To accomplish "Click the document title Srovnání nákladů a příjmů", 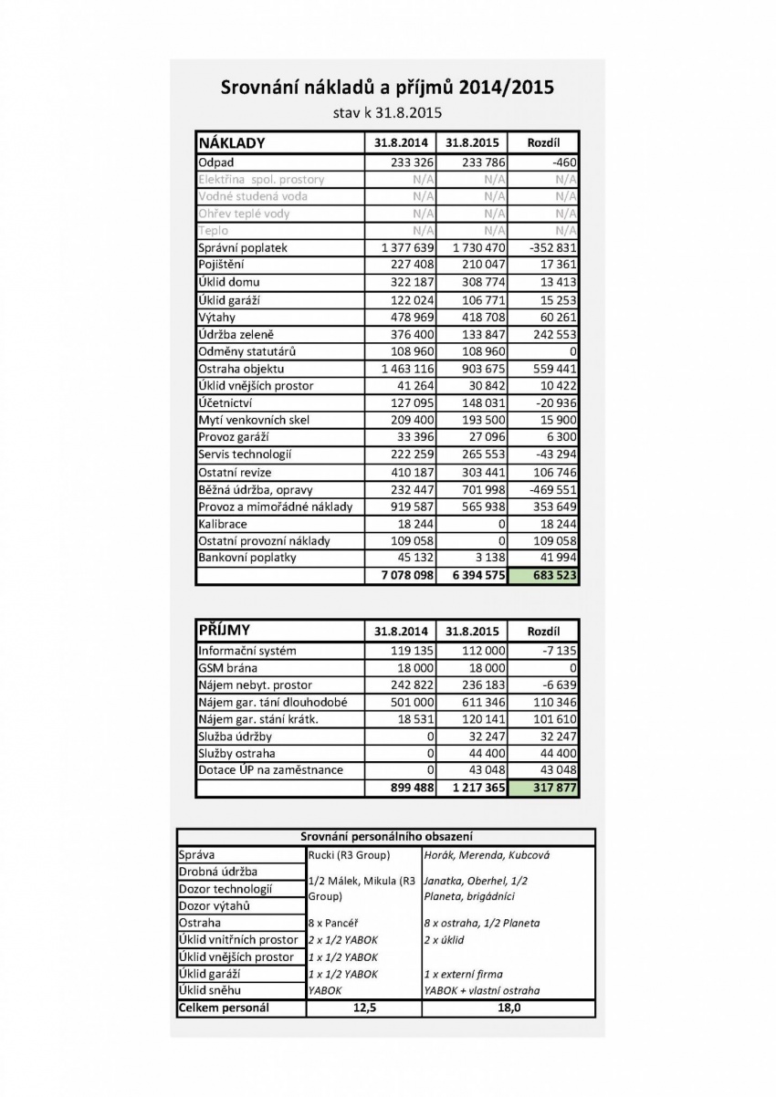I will [x=387, y=89].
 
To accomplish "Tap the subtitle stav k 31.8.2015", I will [x=387, y=114].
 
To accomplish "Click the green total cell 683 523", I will [x=543, y=576].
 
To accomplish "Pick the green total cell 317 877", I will [x=543, y=788].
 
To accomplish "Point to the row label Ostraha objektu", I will [x=242, y=369].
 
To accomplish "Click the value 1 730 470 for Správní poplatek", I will [x=472, y=247].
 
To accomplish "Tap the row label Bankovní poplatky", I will [x=247, y=558].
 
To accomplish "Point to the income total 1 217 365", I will [x=472, y=788].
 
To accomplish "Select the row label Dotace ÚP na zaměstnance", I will [x=270, y=770].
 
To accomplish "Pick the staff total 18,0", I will [x=508, y=1008].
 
